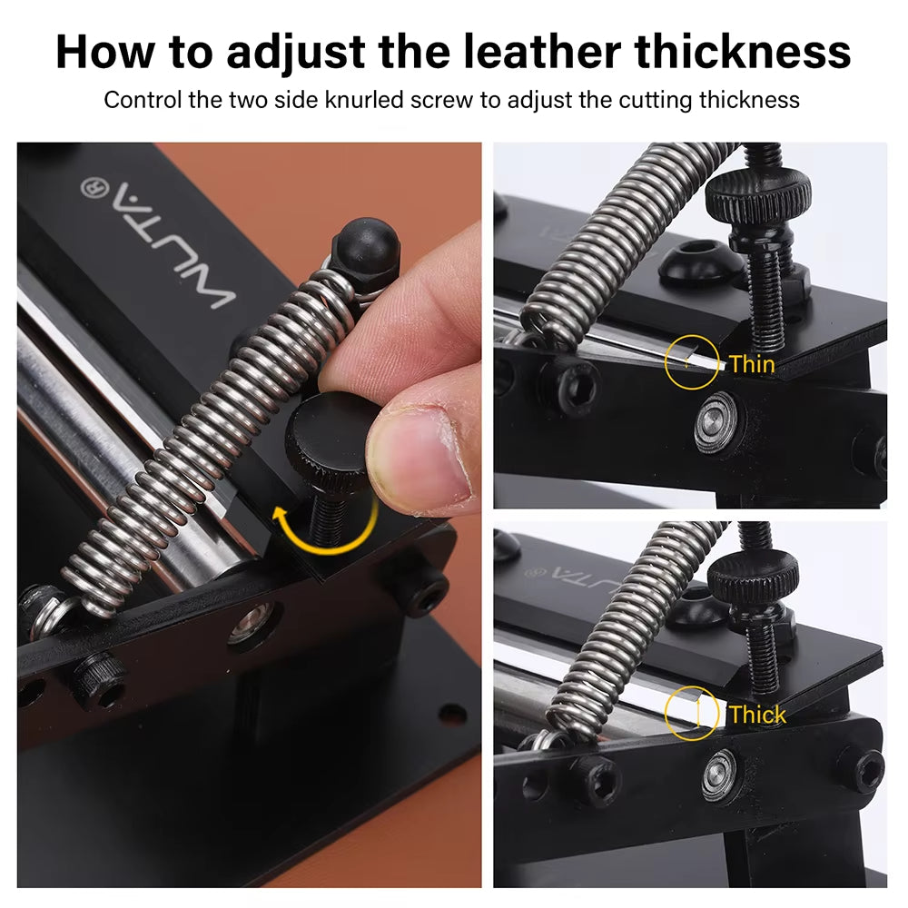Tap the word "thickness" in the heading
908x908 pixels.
click(743, 51)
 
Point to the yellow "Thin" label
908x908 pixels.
click(752, 364)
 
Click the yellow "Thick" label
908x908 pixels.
click(757, 714)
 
